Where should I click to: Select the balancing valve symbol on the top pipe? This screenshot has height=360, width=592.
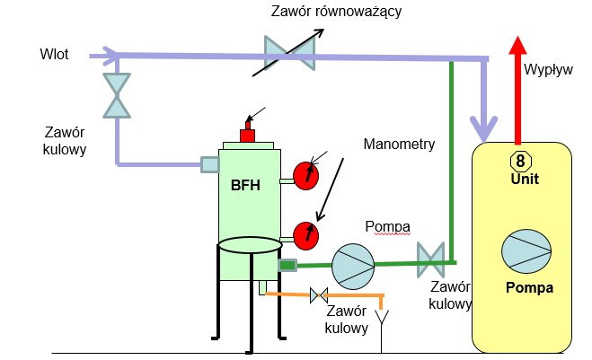tap(289, 55)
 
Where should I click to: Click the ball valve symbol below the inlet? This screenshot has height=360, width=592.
tap(117, 94)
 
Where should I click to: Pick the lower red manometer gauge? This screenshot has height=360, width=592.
tap(306, 234)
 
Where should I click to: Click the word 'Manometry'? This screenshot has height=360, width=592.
tap(399, 144)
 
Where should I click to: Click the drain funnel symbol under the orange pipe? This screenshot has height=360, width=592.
tap(384, 316)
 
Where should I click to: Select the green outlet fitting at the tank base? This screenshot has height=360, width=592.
tap(287, 265)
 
